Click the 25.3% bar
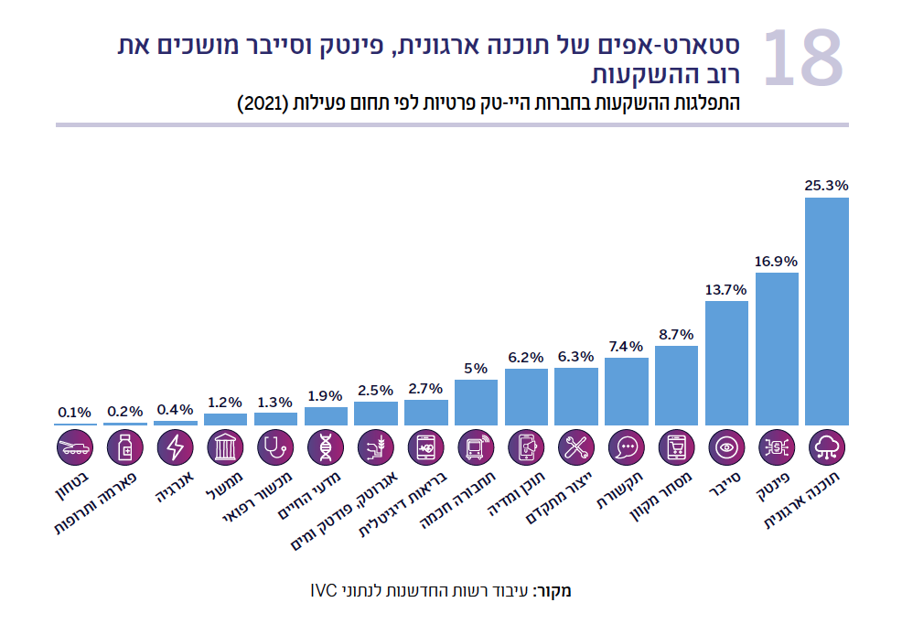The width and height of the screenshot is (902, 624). point(826,311)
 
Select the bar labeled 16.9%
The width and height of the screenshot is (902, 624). point(777,349)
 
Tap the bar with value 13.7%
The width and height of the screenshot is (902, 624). point(727,362)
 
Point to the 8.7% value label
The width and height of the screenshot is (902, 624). point(676,334)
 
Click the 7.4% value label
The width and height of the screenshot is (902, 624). point(627,346)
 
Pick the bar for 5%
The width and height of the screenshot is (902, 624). point(476,402)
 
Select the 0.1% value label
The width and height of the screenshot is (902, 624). point(74,413)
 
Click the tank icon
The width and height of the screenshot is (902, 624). point(74,447)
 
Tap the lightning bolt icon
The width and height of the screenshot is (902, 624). point(175,447)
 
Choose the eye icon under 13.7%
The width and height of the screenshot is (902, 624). point(727,447)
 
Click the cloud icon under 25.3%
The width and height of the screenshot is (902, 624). point(827,447)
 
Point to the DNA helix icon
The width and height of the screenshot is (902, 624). point(326,447)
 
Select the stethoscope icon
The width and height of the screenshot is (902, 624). point(275,447)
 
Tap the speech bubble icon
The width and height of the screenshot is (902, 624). point(627,447)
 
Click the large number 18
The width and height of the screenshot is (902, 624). point(801,59)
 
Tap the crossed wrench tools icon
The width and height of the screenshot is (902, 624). point(576,447)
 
